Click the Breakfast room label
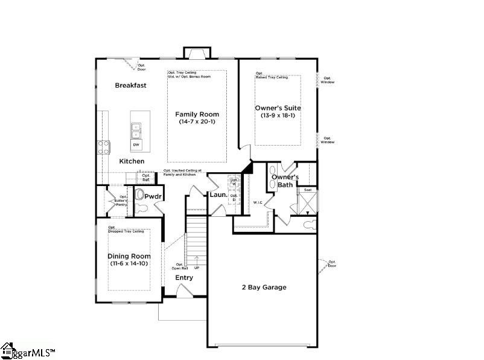pyautogui.click(x=131, y=85)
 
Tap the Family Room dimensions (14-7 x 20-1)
pyautogui.click(x=197, y=122)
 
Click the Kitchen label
pyautogui.click(x=132, y=161)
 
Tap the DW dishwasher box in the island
pyautogui.click(x=136, y=145)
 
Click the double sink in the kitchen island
pyautogui.click(x=136, y=130)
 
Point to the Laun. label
pyautogui.click(x=218, y=195)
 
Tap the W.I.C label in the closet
pyautogui.click(x=258, y=202)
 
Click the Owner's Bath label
pyautogui.click(x=285, y=181)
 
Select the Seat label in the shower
pyautogui.click(x=308, y=190)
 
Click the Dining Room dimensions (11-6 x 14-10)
pyautogui.click(x=129, y=263)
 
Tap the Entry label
pyautogui.click(x=184, y=278)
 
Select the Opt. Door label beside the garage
pyautogui.click(x=333, y=264)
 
